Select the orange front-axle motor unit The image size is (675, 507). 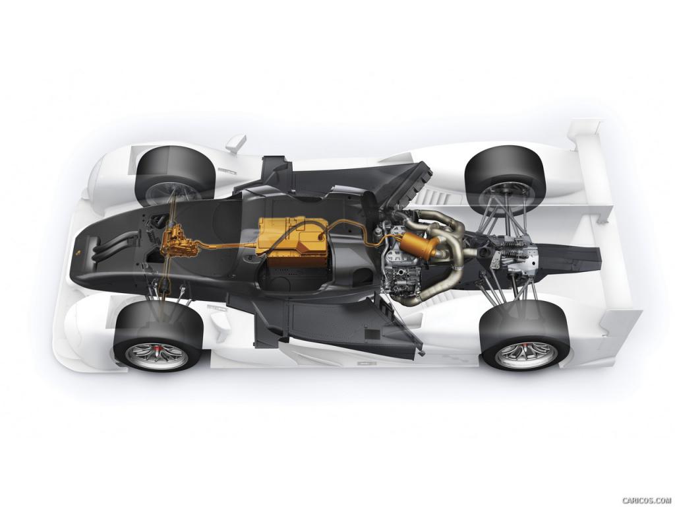point(177,244)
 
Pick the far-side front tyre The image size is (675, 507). point(174,172)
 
